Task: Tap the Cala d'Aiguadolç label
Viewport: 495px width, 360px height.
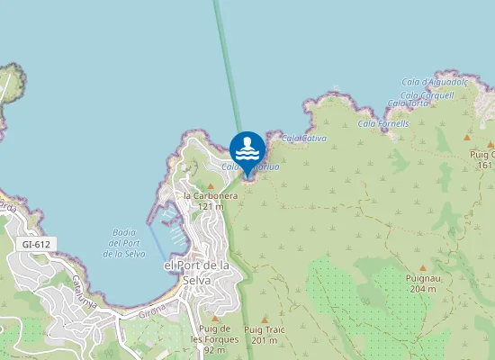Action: coord(436,82)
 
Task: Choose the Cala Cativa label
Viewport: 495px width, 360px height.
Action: coord(303,139)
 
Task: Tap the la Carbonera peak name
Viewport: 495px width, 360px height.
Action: coord(211,195)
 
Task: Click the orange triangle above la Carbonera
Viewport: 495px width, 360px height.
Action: coord(211,184)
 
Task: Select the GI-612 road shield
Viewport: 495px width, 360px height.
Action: coord(36,244)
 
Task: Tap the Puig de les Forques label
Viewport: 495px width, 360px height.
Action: coord(215,334)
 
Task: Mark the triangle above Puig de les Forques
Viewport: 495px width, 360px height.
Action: coord(215,318)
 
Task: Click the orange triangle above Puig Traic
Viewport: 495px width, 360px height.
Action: coord(265,319)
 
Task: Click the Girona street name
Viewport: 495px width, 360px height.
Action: coord(152,315)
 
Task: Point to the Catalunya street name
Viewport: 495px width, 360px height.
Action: coord(85,290)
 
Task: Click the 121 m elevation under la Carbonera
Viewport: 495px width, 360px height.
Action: coord(211,206)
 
